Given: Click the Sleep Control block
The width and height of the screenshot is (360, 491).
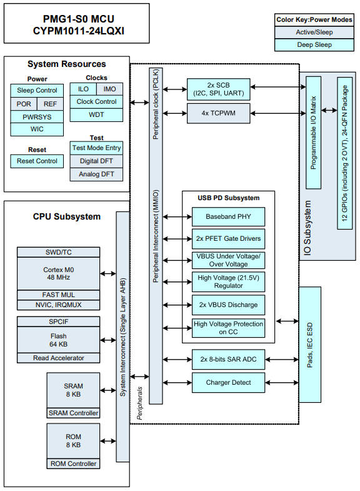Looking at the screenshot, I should [x=37, y=90].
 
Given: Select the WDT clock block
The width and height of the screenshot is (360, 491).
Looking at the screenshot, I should [x=96, y=114].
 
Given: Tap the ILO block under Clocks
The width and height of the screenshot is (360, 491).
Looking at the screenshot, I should [x=83, y=89].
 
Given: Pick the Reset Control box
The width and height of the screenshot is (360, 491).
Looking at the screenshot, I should [x=37, y=161].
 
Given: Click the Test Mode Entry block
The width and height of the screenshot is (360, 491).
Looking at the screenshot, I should [x=96, y=148].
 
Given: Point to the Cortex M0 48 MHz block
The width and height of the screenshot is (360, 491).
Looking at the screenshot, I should [x=57, y=273].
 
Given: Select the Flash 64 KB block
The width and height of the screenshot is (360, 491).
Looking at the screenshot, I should [x=57, y=340].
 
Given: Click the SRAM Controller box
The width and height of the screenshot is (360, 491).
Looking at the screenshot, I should [x=73, y=413].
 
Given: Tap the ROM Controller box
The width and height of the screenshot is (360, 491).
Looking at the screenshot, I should [x=73, y=463].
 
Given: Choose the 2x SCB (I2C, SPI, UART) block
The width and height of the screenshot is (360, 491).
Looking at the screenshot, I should [x=218, y=89].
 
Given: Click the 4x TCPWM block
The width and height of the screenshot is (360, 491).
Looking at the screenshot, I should [x=218, y=113].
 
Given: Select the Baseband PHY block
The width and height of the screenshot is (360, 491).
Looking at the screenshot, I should [x=228, y=217].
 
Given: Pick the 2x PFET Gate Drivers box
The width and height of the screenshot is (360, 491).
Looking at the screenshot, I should [x=228, y=239].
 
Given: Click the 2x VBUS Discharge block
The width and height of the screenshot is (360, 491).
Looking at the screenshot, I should [x=228, y=305].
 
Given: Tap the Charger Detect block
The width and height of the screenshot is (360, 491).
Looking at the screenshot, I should [x=228, y=382].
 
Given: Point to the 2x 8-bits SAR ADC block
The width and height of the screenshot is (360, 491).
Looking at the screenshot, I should [x=228, y=359].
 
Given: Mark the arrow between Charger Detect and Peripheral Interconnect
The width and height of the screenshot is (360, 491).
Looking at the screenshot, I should [x=177, y=382].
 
